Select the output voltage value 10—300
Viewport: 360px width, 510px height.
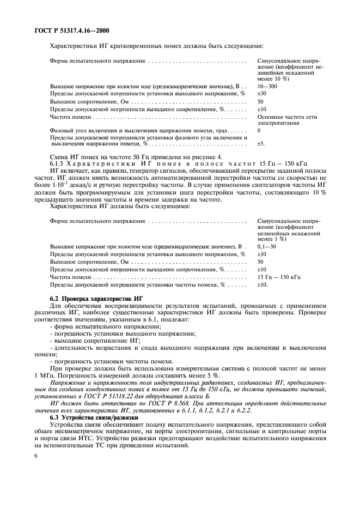[267, 86]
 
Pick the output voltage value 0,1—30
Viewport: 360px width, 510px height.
[266, 247]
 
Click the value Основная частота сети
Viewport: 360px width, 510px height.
[287, 117]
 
